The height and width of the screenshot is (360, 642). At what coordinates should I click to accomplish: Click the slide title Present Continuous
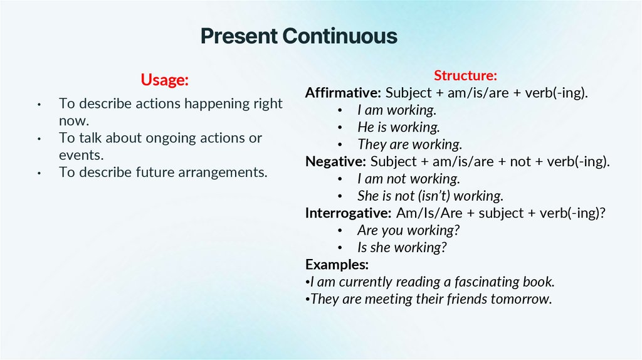(x=298, y=36)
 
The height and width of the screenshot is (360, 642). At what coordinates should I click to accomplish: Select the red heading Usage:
(x=164, y=80)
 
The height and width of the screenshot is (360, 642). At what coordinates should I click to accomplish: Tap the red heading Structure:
(x=465, y=76)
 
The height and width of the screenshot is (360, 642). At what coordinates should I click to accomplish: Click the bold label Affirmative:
(x=343, y=93)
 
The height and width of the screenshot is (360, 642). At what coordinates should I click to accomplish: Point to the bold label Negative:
(x=335, y=161)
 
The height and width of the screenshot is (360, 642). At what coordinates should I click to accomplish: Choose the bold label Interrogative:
(x=348, y=213)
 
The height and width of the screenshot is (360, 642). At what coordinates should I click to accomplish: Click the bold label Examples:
(x=337, y=264)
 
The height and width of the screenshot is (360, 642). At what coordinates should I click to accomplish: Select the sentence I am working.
(x=396, y=110)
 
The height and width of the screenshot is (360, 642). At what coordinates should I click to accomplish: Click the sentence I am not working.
(x=409, y=179)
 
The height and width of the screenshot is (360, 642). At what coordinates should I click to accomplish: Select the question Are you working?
(x=409, y=230)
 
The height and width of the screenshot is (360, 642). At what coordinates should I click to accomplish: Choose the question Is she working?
(x=402, y=247)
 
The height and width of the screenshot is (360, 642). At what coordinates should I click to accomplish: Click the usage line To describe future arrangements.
(x=163, y=172)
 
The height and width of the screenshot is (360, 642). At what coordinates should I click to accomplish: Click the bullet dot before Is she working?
(x=339, y=248)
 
